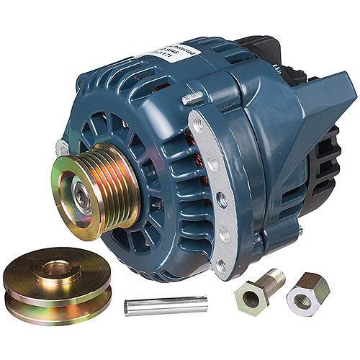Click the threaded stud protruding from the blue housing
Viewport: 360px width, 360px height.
[193, 97]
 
